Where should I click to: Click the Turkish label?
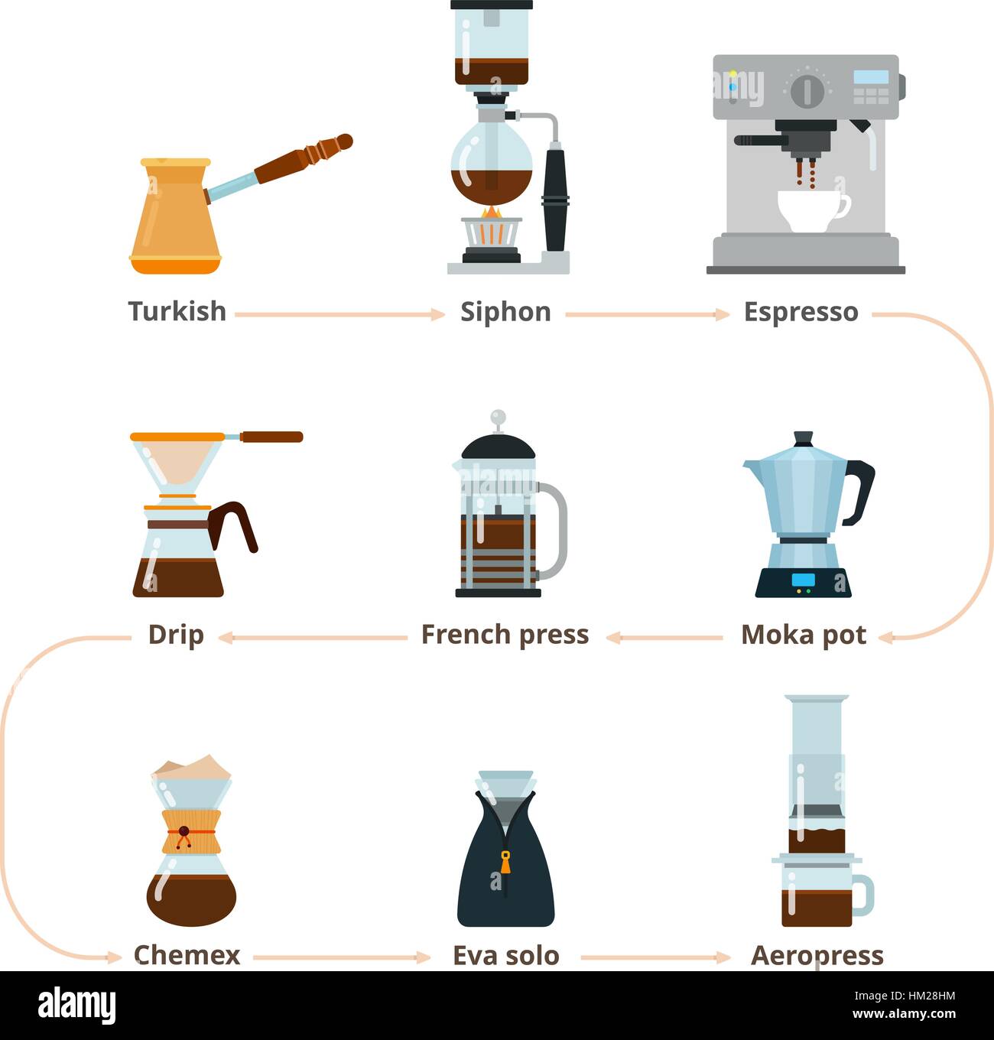coord(177,311)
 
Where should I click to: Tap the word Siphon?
coord(505,312)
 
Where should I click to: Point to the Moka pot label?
coord(804,635)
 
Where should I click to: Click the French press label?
coord(505,635)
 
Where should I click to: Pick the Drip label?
coord(176,635)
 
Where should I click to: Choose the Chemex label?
coord(187,955)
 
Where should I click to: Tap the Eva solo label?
coord(505,956)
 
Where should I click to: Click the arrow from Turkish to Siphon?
coord(340,314)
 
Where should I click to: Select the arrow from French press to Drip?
coord(313,638)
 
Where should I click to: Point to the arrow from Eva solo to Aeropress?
coord(656,957)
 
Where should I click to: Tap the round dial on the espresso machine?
coord(807,92)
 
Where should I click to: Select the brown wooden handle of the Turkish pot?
coord(304,158)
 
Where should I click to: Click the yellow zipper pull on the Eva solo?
coord(505,862)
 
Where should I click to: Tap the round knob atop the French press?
coord(498,416)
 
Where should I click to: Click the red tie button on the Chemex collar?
coord(184,831)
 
